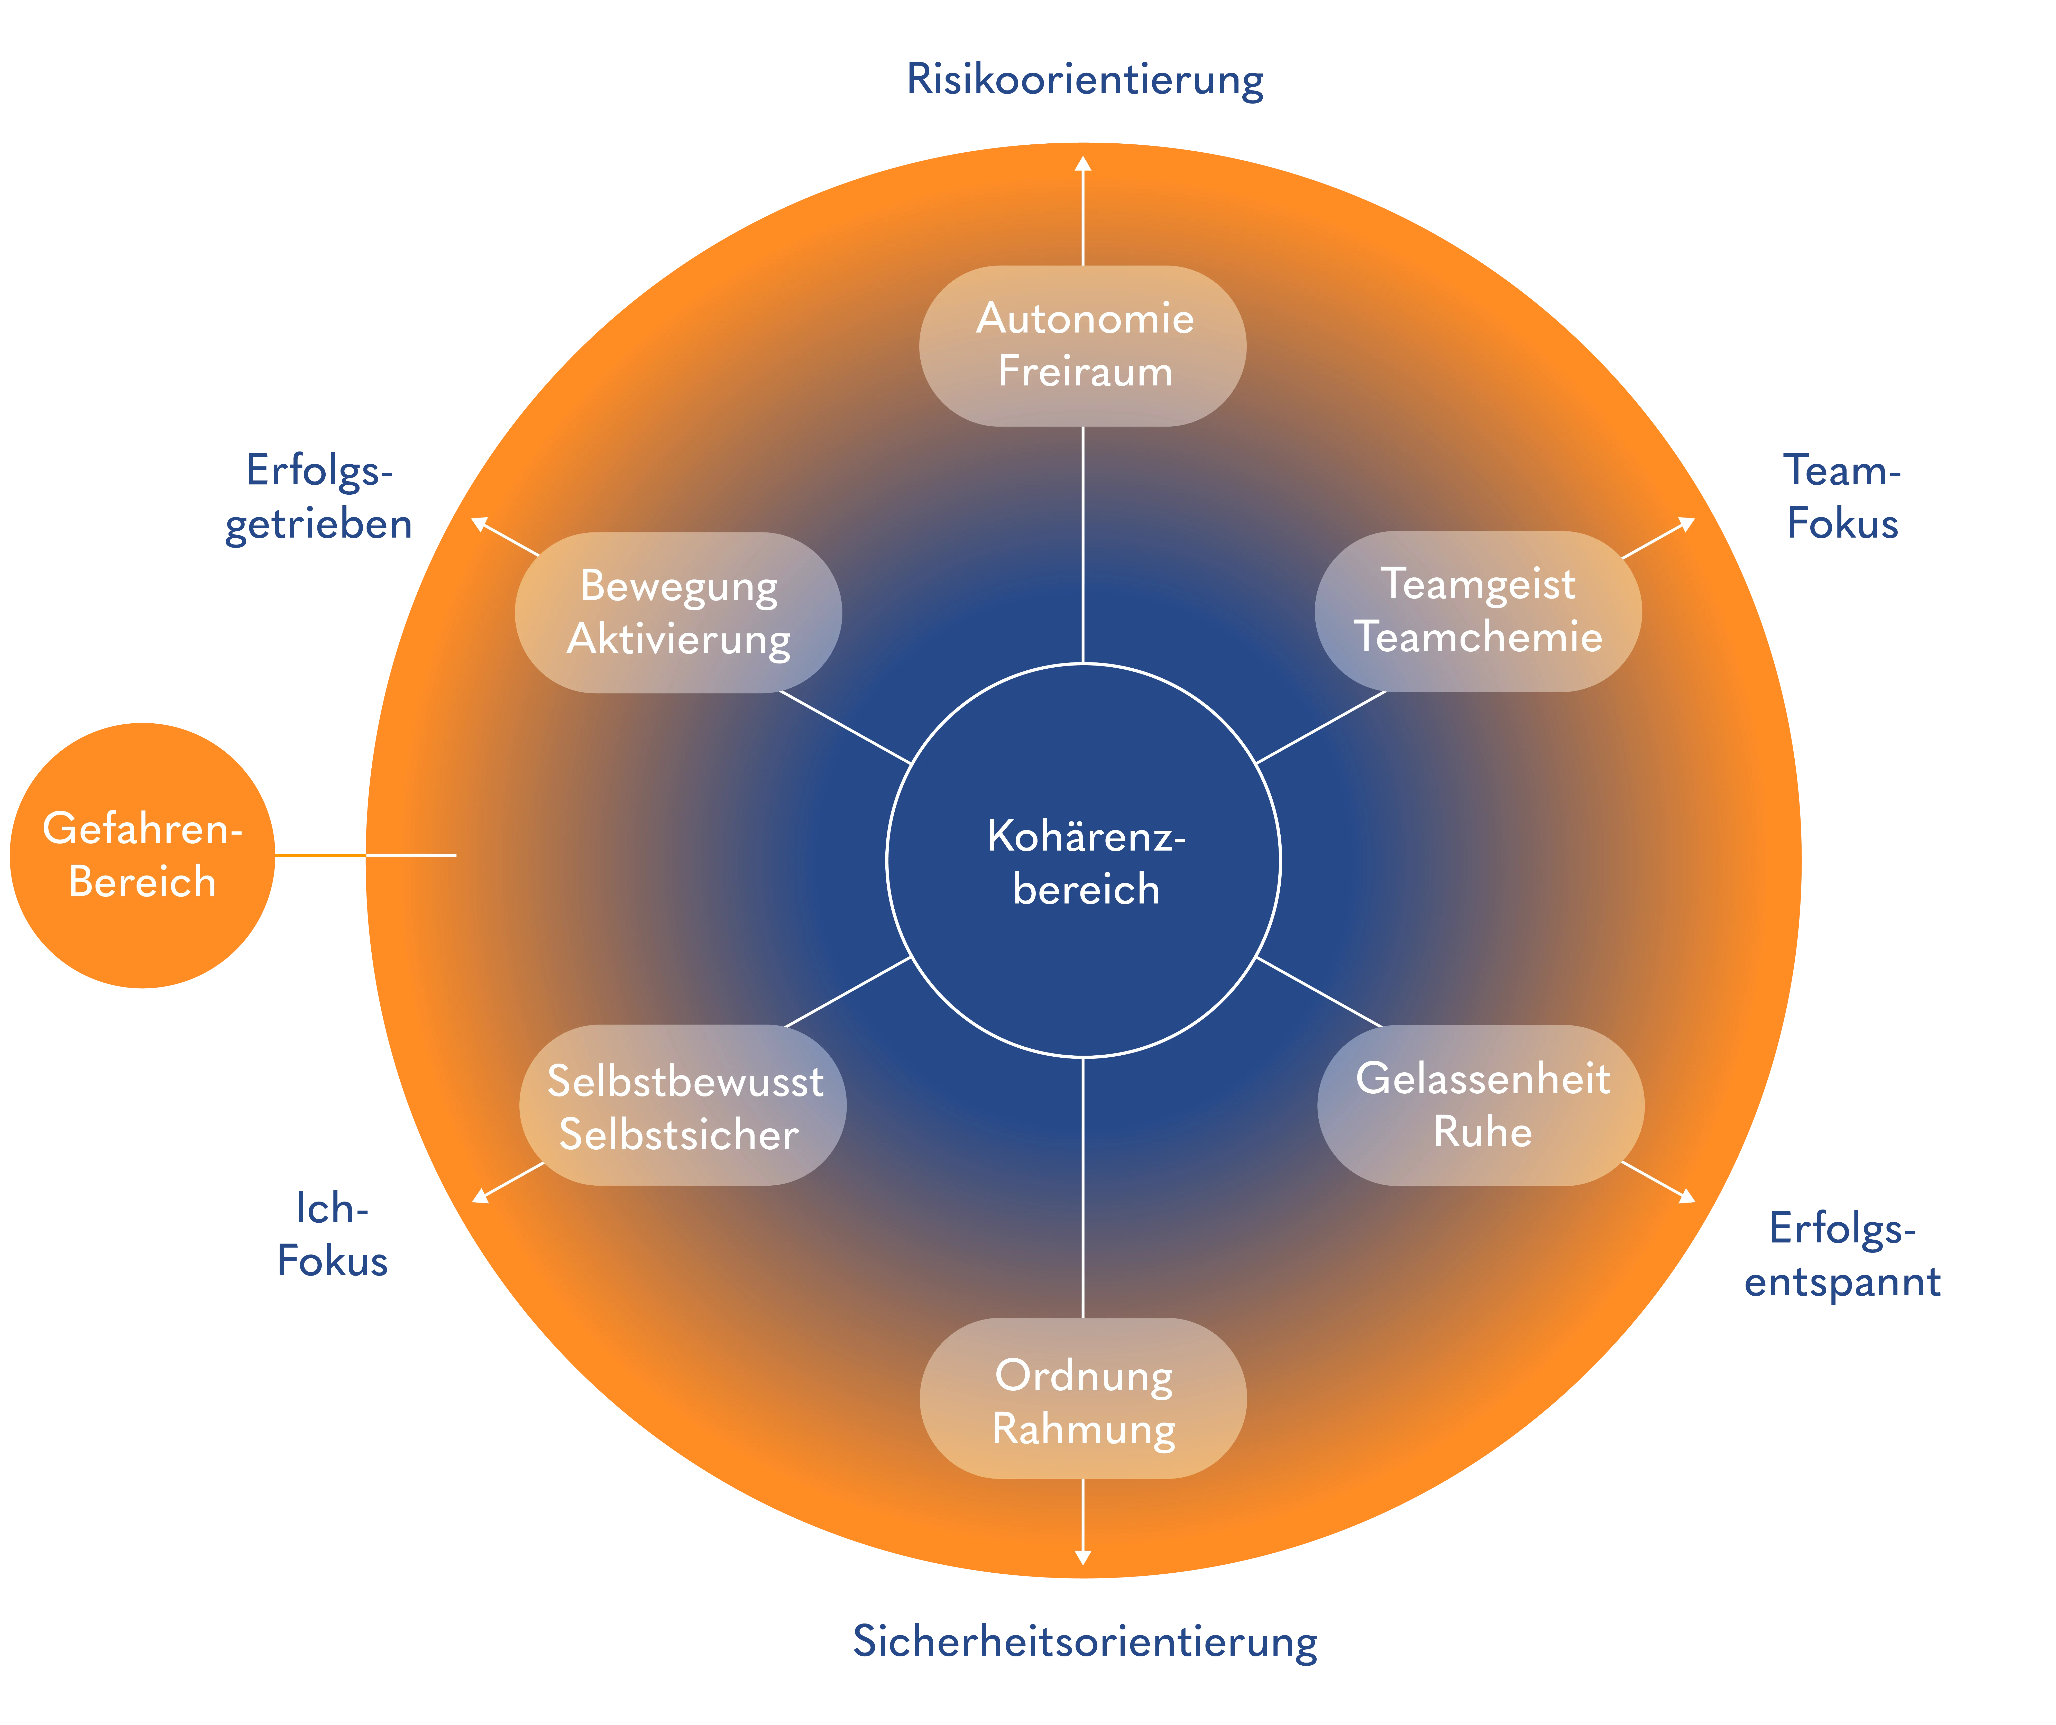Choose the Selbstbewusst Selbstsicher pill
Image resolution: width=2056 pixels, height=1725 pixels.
coord(682,1105)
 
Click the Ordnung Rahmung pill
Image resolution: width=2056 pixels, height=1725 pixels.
coord(1083,1398)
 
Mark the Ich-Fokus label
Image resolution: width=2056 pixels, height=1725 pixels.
coord(333,1234)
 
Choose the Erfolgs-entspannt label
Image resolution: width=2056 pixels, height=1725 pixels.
coord(1842,1256)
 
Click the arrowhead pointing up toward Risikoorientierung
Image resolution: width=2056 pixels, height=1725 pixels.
coord(1083,163)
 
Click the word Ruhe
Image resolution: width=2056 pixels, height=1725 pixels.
coord(1482,1132)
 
